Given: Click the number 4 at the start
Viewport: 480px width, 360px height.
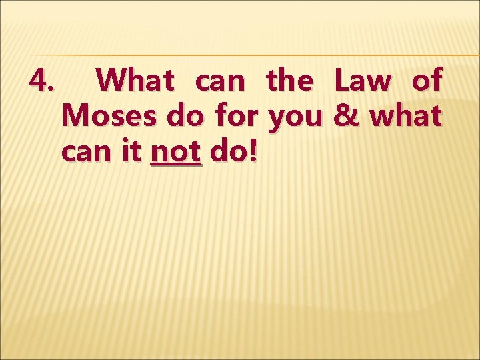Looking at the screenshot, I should (x=38, y=81).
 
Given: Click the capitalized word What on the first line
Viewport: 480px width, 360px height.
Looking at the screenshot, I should (x=135, y=81).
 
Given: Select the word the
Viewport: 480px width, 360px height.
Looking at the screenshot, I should (x=289, y=81).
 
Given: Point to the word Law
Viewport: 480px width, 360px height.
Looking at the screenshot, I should (x=363, y=81).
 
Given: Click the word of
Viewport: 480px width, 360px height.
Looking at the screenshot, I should (x=427, y=81).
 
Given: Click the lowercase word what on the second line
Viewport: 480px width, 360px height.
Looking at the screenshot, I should (x=405, y=117).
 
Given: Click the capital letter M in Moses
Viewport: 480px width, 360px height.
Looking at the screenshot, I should (x=74, y=117).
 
